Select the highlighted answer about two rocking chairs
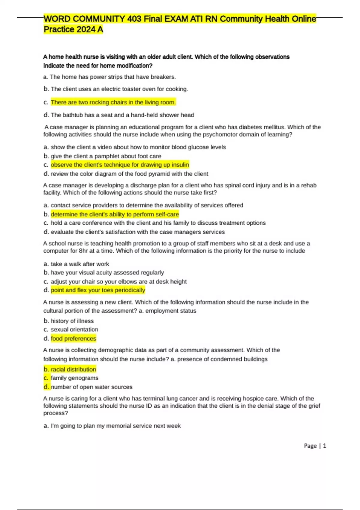point(113,102)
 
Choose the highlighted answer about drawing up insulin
point(120,165)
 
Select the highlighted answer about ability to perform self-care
point(115,214)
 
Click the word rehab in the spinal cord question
point(309,185)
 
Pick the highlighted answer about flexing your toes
point(98,290)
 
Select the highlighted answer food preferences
point(73,338)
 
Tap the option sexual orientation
point(74,329)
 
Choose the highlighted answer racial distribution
point(73,369)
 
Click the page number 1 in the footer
point(324,446)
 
